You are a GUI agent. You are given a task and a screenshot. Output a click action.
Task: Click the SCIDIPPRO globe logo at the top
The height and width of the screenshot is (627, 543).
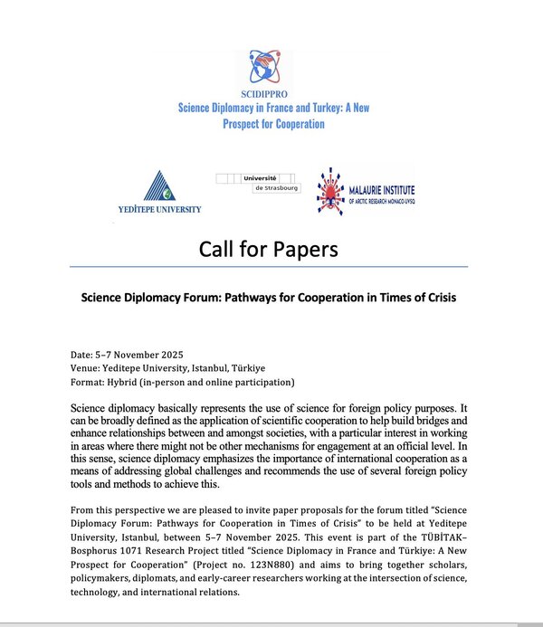271,69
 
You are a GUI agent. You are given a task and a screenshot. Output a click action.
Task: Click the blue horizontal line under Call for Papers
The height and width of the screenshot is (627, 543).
271,266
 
